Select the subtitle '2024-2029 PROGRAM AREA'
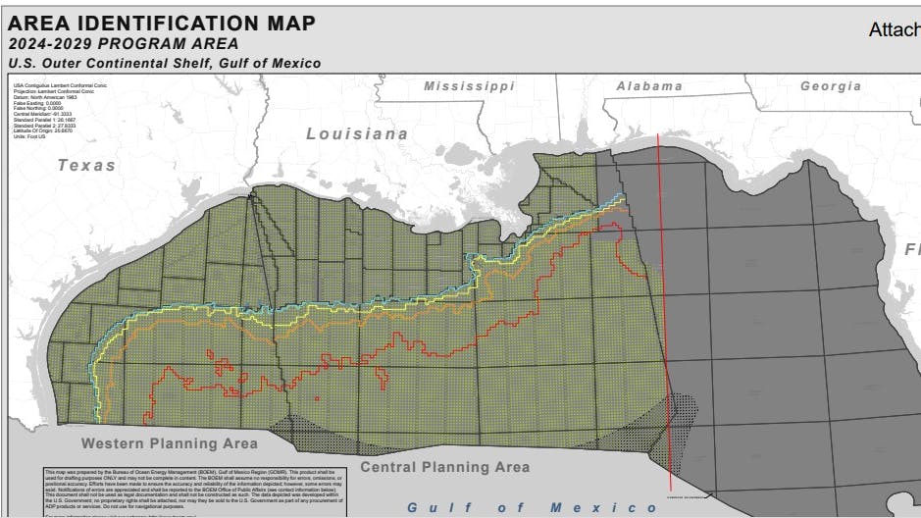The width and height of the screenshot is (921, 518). [x=123, y=44]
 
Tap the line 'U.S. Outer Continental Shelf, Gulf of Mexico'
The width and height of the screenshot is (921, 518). [x=164, y=64]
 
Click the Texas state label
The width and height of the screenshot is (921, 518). [x=86, y=165]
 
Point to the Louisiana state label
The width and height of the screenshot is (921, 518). [x=357, y=133]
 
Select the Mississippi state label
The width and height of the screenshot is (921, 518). [x=469, y=86]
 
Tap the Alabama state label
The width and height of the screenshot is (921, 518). [x=648, y=86]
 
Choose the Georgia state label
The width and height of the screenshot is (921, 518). [x=831, y=86]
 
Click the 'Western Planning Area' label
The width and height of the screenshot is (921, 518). [x=170, y=443]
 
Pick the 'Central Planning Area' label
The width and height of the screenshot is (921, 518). [x=444, y=467]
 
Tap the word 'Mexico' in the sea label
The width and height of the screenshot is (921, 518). [x=590, y=507]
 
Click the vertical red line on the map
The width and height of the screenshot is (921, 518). [x=663, y=294]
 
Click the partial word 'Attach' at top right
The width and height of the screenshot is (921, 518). [x=893, y=30]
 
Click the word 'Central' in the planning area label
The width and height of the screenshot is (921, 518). [x=390, y=467]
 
